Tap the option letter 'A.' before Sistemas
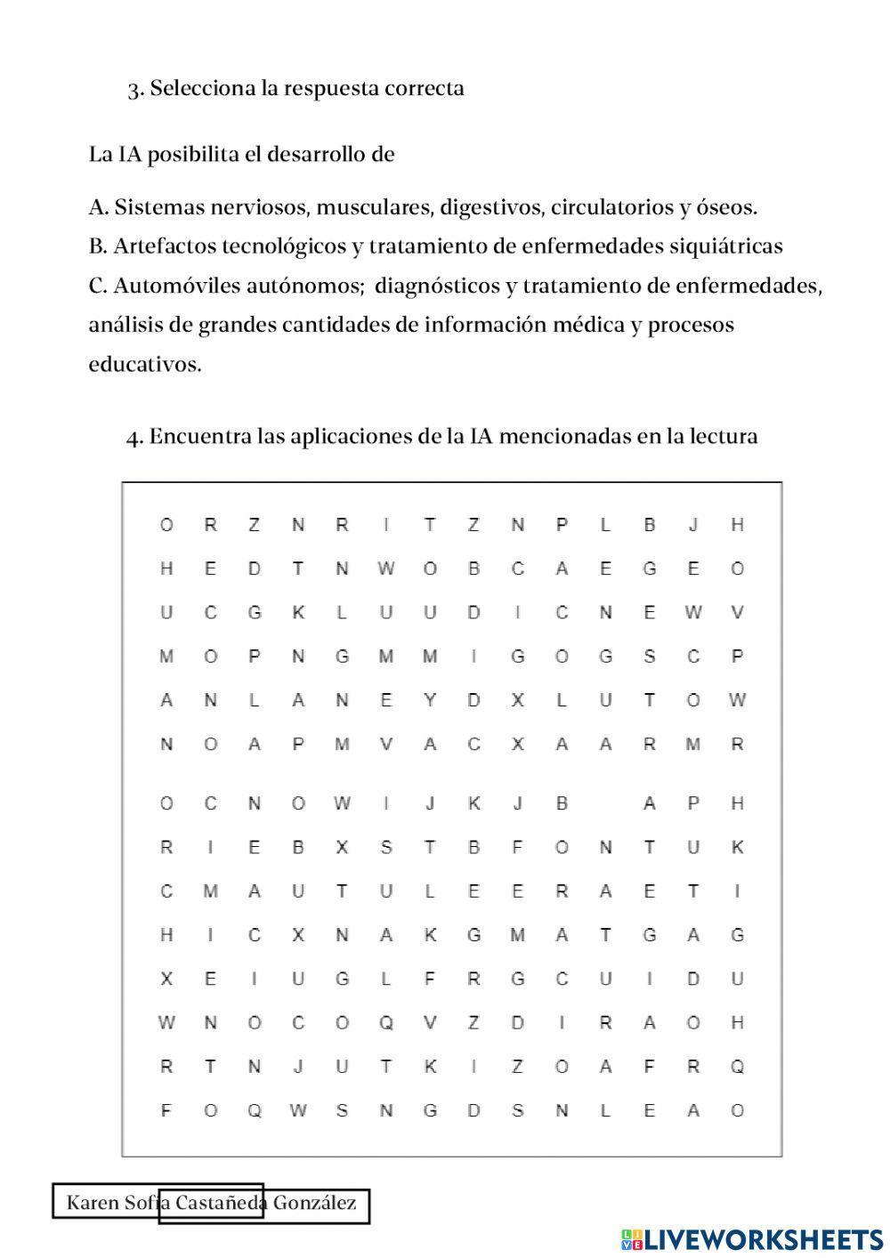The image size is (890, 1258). click(98, 208)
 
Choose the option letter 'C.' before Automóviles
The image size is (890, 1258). click(98, 286)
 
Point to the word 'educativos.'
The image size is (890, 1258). click(145, 365)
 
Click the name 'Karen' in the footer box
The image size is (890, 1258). click(93, 1204)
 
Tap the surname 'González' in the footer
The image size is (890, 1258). click(314, 1204)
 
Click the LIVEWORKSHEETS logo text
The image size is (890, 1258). click(763, 1238)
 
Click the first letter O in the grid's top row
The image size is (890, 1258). click(166, 525)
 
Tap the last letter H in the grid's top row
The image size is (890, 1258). click(737, 525)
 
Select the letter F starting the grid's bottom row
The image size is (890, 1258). click(166, 1110)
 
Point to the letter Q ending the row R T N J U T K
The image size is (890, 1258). click(737, 1067)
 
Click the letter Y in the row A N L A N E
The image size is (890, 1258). click(430, 700)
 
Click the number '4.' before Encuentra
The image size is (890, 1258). click(135, 438)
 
